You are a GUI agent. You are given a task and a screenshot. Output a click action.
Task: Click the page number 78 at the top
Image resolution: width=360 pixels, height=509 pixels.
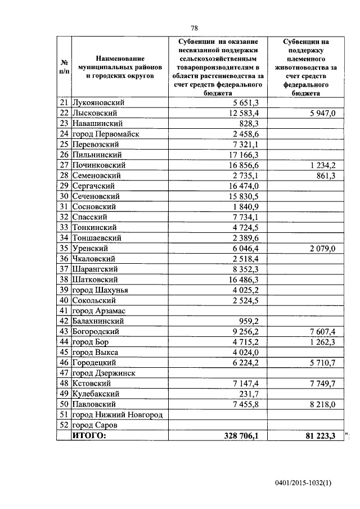coord(194,28)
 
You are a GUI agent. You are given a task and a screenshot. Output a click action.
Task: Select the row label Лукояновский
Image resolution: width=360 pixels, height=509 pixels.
coord(98,103)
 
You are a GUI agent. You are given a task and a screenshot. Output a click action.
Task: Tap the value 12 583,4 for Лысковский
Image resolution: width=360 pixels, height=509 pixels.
coord(242,113)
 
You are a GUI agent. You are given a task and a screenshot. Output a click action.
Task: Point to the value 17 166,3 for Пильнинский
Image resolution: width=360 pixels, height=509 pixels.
coord(242,155)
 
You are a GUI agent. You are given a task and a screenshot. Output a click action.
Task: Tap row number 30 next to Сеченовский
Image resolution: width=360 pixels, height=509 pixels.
coord(64,196)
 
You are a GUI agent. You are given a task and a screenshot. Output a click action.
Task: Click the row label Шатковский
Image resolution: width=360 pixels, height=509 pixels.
coord(95,279)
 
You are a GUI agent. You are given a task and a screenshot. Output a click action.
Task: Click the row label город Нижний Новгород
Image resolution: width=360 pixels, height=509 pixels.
coord(117,415)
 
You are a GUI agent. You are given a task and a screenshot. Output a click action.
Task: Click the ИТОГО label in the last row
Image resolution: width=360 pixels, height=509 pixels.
coord(89,435)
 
